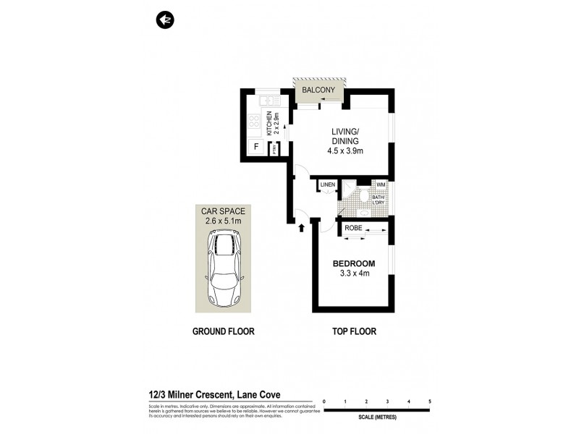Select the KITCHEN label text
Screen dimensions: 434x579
[269, 124]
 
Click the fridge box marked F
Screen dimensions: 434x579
[255, 148]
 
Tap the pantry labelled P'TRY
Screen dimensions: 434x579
[275, 149]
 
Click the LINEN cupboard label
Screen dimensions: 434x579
[328, 185]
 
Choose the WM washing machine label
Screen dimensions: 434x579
[380, 185]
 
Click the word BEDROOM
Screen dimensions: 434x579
[353, 263]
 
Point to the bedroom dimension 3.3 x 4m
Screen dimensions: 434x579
[354, 273]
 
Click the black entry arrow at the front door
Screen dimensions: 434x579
[302, 229]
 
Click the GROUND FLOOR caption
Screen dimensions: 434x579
[223, 332]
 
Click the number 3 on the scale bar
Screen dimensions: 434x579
[388, 401]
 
